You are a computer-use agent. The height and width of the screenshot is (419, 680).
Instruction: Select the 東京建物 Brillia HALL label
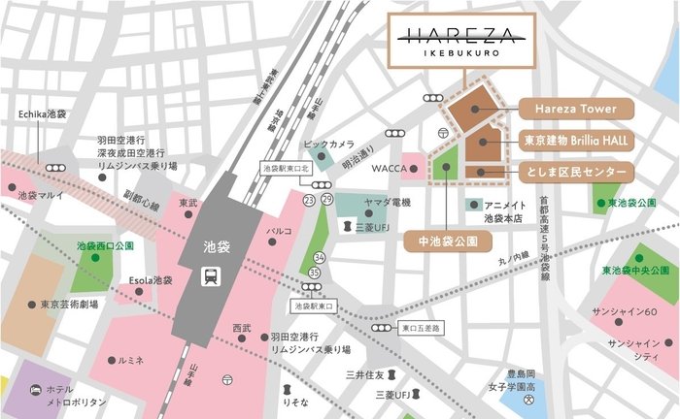coord(576,141)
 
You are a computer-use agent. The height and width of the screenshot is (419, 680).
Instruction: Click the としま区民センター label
coord(576,171)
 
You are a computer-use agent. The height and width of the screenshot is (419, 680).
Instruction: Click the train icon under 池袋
coord(210,275)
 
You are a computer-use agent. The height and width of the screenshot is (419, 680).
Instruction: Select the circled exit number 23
coord(308,200)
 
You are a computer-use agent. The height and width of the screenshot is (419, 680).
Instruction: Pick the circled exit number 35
coord(314,274)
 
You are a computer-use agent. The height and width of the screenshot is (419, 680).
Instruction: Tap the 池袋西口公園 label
coord(105,246)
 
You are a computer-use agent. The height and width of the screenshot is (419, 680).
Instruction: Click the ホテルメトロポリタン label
coord(73,395)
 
